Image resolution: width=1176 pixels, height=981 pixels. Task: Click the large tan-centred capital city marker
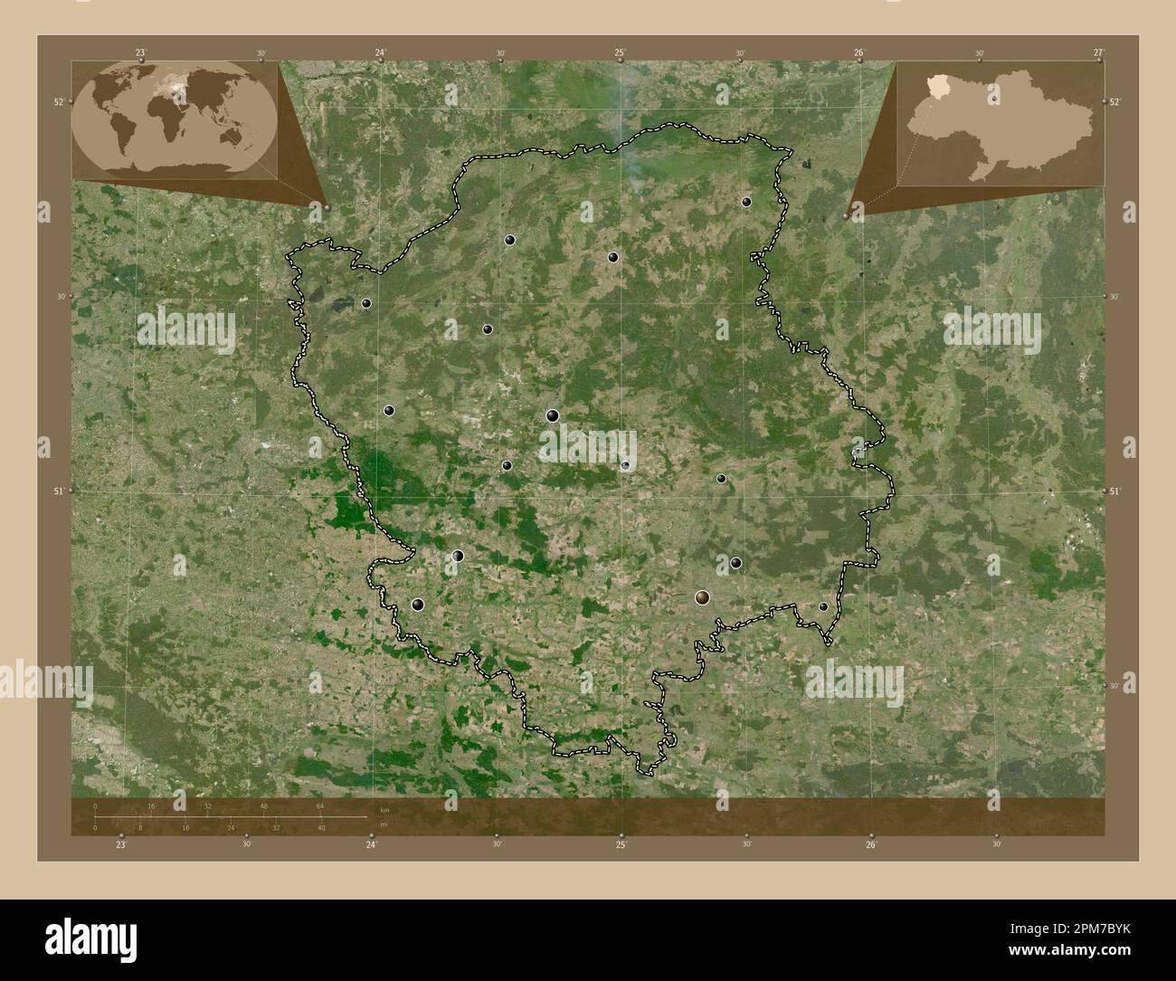pyautogui.click(x=703, y=597)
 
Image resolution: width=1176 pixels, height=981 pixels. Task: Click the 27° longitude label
pyautogui.click(x=1097, y=53)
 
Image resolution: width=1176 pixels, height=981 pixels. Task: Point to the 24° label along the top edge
pyautogui.click(x=381, y=53)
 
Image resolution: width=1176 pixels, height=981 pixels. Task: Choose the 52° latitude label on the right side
pyautogui.click(x=1114, y=102)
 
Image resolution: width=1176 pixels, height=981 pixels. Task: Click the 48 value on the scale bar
pyautogui.click(x=264, y=805)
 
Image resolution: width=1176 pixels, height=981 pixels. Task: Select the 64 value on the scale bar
pyautogui.click(x=320, y=805)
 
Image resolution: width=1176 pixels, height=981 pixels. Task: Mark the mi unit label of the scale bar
pyautogui.click(x=384, y=826)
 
